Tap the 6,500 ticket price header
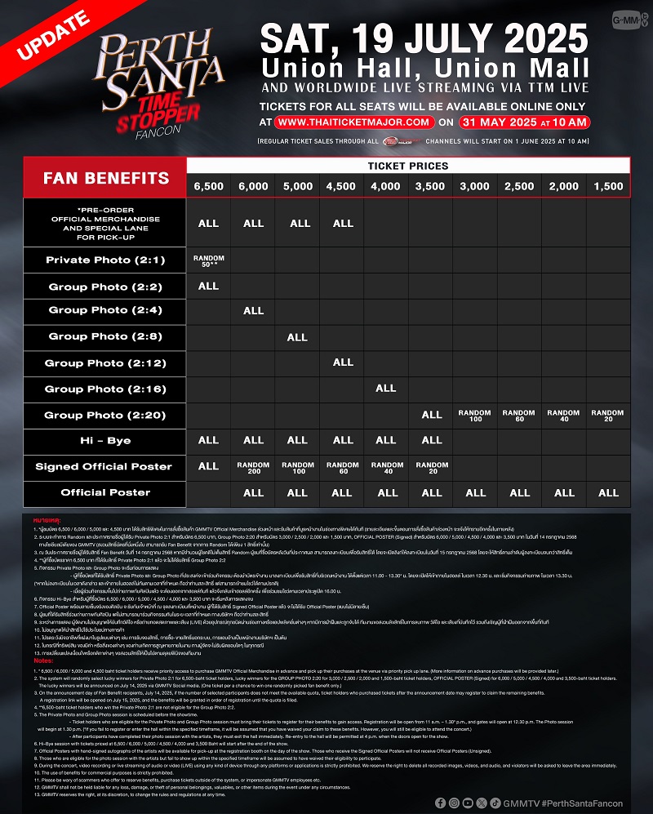coord(208,186)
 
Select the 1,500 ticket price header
coord(608,186)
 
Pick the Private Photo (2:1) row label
coord(105,260)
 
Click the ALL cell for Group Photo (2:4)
coord(254,311)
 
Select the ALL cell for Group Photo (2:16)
coord(386,389)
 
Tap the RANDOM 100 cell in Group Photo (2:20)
coord(475,415)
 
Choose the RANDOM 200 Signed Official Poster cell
coord(254,466)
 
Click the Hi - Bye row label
coord(105,440)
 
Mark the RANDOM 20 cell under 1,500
coord(608,415)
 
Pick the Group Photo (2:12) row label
coord(105,363)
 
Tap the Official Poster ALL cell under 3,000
coord(475,492)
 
